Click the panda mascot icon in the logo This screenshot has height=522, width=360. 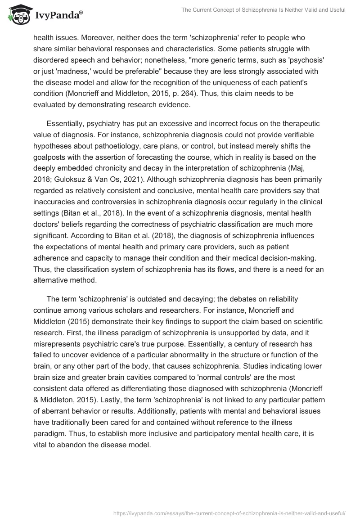coord(17,15)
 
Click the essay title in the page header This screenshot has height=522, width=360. coord(263,10)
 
